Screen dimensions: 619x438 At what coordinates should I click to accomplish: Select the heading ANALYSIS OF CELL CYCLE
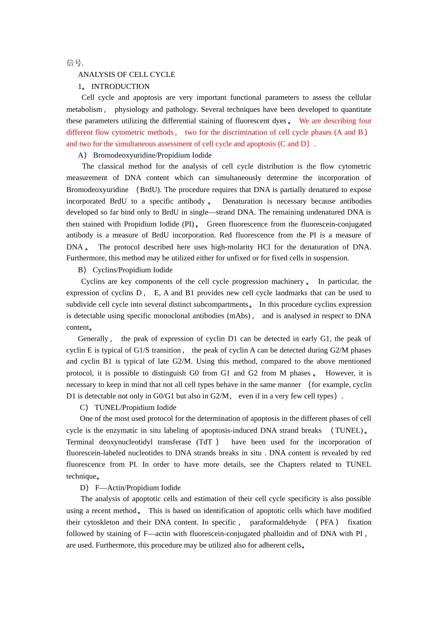coord(126,75)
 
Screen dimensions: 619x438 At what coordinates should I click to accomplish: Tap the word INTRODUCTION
coord(120,87)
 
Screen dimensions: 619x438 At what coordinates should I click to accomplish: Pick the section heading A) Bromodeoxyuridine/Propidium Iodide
coord(145,155)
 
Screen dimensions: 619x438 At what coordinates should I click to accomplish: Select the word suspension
coord(331,258)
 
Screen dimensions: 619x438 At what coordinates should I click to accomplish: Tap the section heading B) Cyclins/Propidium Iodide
coord(125,270)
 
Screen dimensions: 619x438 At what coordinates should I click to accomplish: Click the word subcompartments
coord(223,304)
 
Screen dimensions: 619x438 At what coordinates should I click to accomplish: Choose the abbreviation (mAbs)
coord(238,316)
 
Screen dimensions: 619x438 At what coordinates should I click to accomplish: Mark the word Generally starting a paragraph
coord(93,339)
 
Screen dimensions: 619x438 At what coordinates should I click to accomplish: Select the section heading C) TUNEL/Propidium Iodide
coord(128,408)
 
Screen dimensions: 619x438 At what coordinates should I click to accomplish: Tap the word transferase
coord(174,442)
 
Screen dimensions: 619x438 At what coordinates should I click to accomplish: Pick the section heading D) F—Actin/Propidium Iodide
coord(130,488)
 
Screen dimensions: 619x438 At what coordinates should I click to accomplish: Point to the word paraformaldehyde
coord(278,522)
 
